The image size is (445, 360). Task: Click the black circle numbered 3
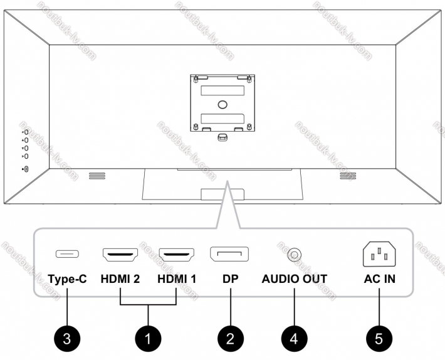coord(67,339)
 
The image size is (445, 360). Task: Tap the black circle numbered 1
coord(148,339)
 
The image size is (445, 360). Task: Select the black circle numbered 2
coord(231,339)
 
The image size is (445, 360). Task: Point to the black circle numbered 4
coord(295,339)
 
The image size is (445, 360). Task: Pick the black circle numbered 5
coord(379,339)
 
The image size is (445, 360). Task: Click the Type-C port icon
coord(67,254)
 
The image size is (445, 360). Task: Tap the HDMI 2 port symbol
coord(120,255)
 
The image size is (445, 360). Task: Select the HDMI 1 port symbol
coord(177,255)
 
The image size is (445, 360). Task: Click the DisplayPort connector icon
coord(229,254)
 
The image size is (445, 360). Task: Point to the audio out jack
coord(295,255)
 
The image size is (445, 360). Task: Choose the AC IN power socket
coord(379,254)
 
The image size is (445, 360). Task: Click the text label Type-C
coord(67,279)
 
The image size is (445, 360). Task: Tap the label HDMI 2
coord(120,279)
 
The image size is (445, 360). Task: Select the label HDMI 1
coord(177,279)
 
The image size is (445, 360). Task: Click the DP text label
coord(231,279)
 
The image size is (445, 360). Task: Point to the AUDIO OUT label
coord(295,279)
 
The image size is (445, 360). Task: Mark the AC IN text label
coord(379,279)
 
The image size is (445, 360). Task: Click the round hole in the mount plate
coord(223,105)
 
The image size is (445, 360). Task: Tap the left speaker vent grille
coord(97,176)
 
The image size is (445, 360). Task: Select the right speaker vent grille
coord(348,176)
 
